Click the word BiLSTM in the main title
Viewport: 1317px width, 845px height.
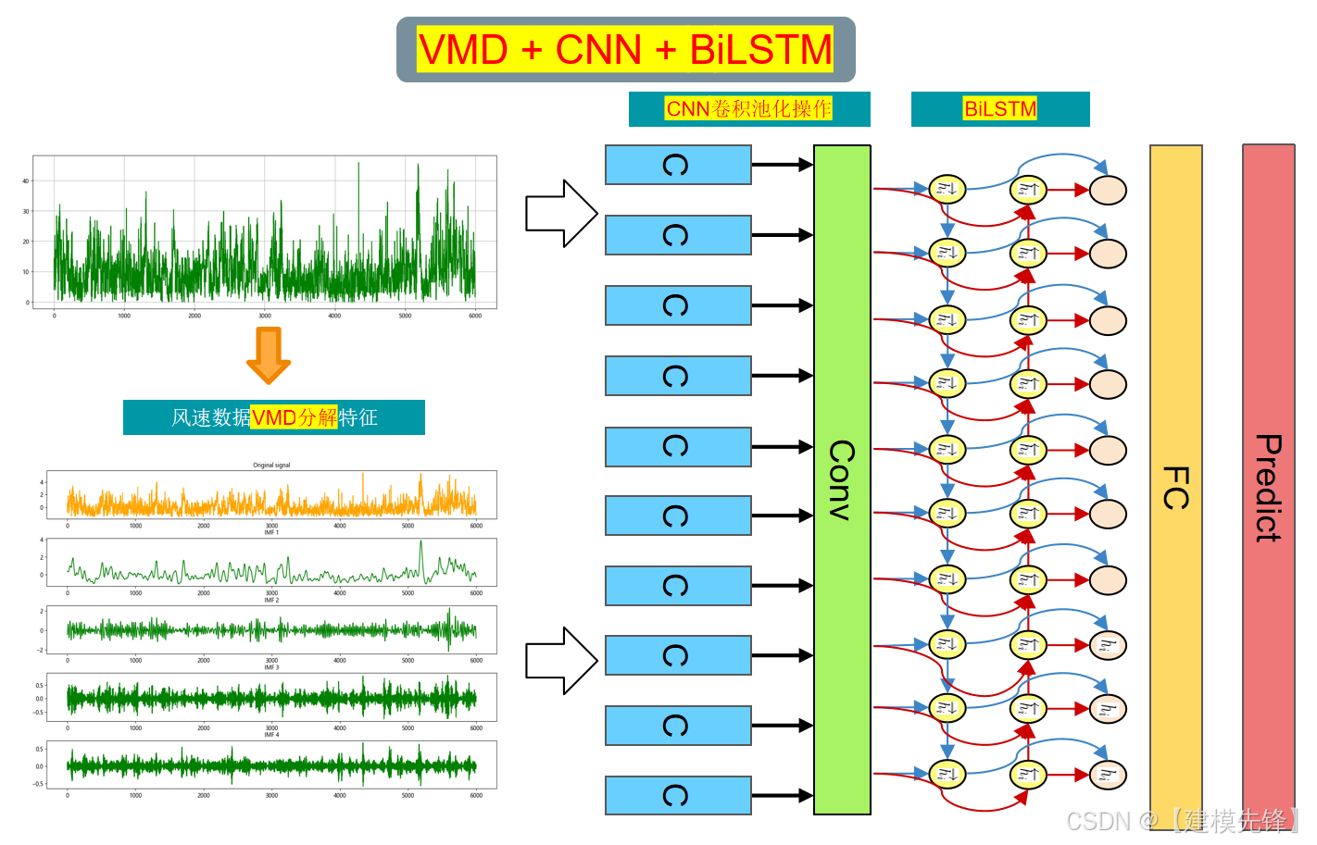pyautogui.click(x=760, y=50)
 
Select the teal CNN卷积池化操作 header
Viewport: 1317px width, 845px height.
pyautogui.click(x=748, y=109)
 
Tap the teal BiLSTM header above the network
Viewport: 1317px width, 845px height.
pyautogui.click(x=999, y=109)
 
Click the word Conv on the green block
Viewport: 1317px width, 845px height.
pyautogui.click(x=841, y=479)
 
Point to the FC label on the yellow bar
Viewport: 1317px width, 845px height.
pyautogui.click(x=1175, y=488)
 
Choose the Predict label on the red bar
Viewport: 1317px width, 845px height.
pyautogui.click(x=1268, y=488)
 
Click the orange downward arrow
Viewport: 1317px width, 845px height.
pyautogui.click(x=269, y=355)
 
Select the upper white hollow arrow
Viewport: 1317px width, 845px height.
pyautogui.click(x=560, y=214)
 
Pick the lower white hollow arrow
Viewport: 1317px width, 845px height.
pyautogui.click(x=560, y=661)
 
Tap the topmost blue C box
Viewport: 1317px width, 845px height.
pyautogui.click(x=678, y=165)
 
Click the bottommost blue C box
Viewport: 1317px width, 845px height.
pyautogui.click(x=678, y=795)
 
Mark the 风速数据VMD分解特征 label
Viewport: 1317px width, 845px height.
pyautogui.click(x=274, y=417)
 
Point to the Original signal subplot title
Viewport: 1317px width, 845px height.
pyautogui.click(x=271, y=466)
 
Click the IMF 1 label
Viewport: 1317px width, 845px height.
pyautogui.click(x=271, y=533)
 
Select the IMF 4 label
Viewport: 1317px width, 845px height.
pyautogui.click(x=271, y=735)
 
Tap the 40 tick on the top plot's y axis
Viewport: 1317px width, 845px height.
pyautogui.click(x=26, y=181)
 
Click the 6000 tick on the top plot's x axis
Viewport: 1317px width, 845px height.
pyautogui.click(x=475, y=317)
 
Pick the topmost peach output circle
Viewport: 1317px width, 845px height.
pyautogui.click(x=1108, y=190)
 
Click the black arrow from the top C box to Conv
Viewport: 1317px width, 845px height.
pyautogui.click(x=782, y=165)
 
